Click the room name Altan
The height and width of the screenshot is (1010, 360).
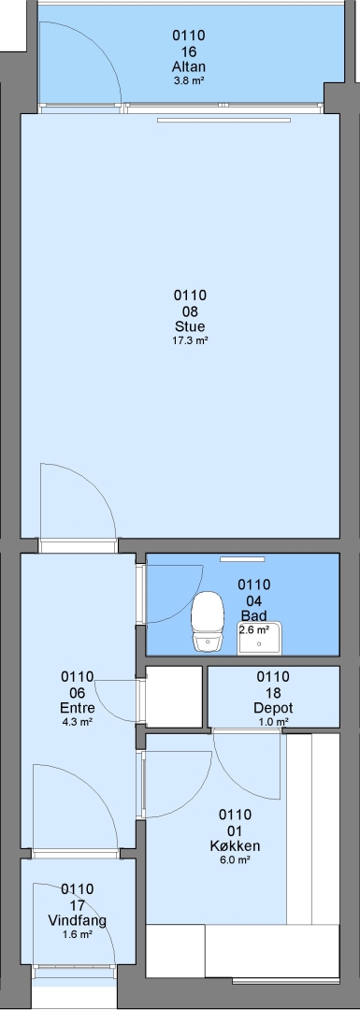189,66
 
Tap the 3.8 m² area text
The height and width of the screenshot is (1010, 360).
189,80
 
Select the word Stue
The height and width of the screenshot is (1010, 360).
189,326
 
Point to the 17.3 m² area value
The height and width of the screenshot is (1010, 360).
189,340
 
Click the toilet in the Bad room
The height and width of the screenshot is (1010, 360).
208,620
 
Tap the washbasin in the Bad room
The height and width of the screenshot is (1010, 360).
261,638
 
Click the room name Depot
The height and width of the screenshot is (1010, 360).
273,708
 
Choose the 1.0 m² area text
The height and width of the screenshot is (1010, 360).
273,722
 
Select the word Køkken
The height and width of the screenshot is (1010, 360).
235,845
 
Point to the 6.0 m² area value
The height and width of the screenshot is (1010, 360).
235,860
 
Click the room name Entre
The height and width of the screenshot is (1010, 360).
78,708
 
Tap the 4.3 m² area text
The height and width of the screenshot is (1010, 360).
78,722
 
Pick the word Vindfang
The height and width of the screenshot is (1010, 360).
78,920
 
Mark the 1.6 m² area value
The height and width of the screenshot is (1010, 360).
78,934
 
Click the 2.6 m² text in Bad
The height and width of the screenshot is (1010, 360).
254,630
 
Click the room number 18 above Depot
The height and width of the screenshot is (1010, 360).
273,692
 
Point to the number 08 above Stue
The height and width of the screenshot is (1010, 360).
189,311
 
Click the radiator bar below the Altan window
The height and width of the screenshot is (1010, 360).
223,120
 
